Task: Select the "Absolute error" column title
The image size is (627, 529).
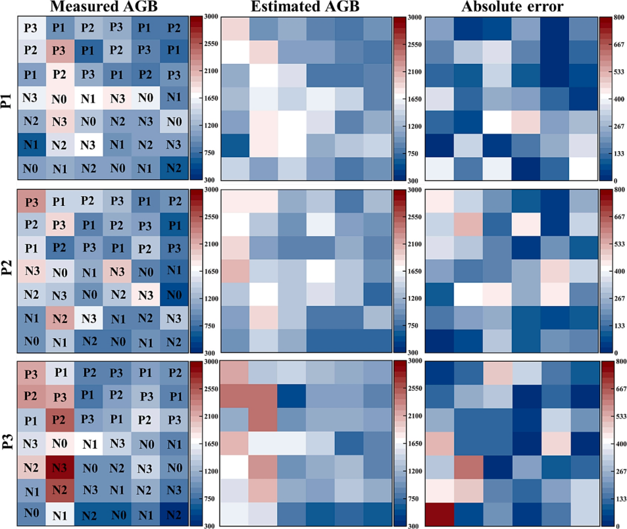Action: (511, 7)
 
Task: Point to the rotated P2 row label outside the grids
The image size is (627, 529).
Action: (8, 270)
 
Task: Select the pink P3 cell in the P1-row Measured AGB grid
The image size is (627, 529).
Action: (59, 51)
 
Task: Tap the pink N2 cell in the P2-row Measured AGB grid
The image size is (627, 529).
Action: (59, 318)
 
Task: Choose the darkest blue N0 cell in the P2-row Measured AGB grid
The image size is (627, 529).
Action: (172, 295)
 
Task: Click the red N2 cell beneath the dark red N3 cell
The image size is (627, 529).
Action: (59, 491)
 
